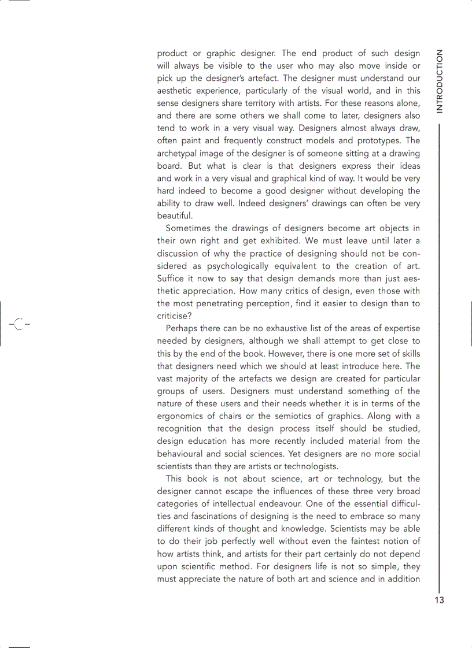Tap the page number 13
[x=440, y=600]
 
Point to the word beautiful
[x=175, y=216]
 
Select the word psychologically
[x=238, y=266]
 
